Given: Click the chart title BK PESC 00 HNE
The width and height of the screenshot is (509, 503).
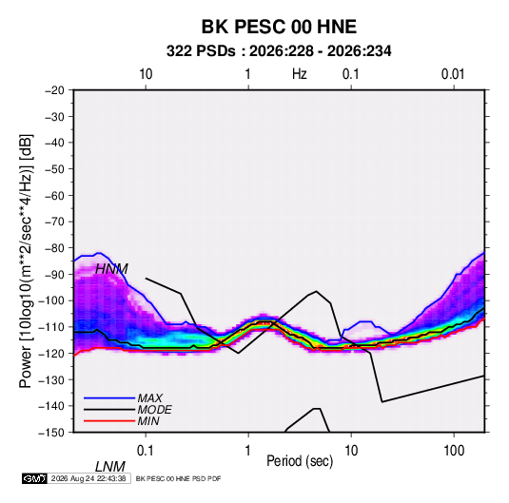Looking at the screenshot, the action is [279, 27].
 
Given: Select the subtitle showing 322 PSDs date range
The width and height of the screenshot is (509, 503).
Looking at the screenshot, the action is [279, 51].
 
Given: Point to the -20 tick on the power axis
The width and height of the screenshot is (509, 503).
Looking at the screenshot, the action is [54, 90].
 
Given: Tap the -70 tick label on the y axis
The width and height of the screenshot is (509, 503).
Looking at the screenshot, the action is [54, 222].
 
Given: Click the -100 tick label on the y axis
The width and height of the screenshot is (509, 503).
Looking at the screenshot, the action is [51, 300].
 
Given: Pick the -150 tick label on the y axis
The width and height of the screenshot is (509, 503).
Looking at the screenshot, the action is [51, 433].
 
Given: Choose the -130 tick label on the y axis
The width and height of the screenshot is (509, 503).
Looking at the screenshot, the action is [51, 379].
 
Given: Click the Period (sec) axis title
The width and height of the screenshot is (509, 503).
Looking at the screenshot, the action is [300, 461].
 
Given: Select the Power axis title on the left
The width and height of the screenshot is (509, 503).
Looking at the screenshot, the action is [26, 261].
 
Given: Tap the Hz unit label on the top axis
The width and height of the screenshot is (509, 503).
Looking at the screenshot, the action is [300, 74].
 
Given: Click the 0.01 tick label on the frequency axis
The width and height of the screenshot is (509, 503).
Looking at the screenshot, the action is [453, 74].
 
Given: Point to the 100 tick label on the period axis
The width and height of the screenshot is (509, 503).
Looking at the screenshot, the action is [454, 451].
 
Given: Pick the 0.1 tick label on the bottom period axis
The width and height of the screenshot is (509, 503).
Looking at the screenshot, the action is [146, 451].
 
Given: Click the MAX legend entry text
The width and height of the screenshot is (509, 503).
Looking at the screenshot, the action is [150, 398].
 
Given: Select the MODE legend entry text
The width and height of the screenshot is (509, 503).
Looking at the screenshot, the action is [154, 410].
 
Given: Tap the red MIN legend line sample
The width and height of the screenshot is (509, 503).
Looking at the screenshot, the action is [109, 421].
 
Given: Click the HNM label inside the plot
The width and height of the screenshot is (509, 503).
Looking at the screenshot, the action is [111, 269].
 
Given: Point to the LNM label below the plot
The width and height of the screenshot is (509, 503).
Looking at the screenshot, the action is [110, 467].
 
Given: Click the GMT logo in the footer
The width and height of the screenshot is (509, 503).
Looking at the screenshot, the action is [35, 478].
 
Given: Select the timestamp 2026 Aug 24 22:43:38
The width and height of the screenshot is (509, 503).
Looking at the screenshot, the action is [88, 478].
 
